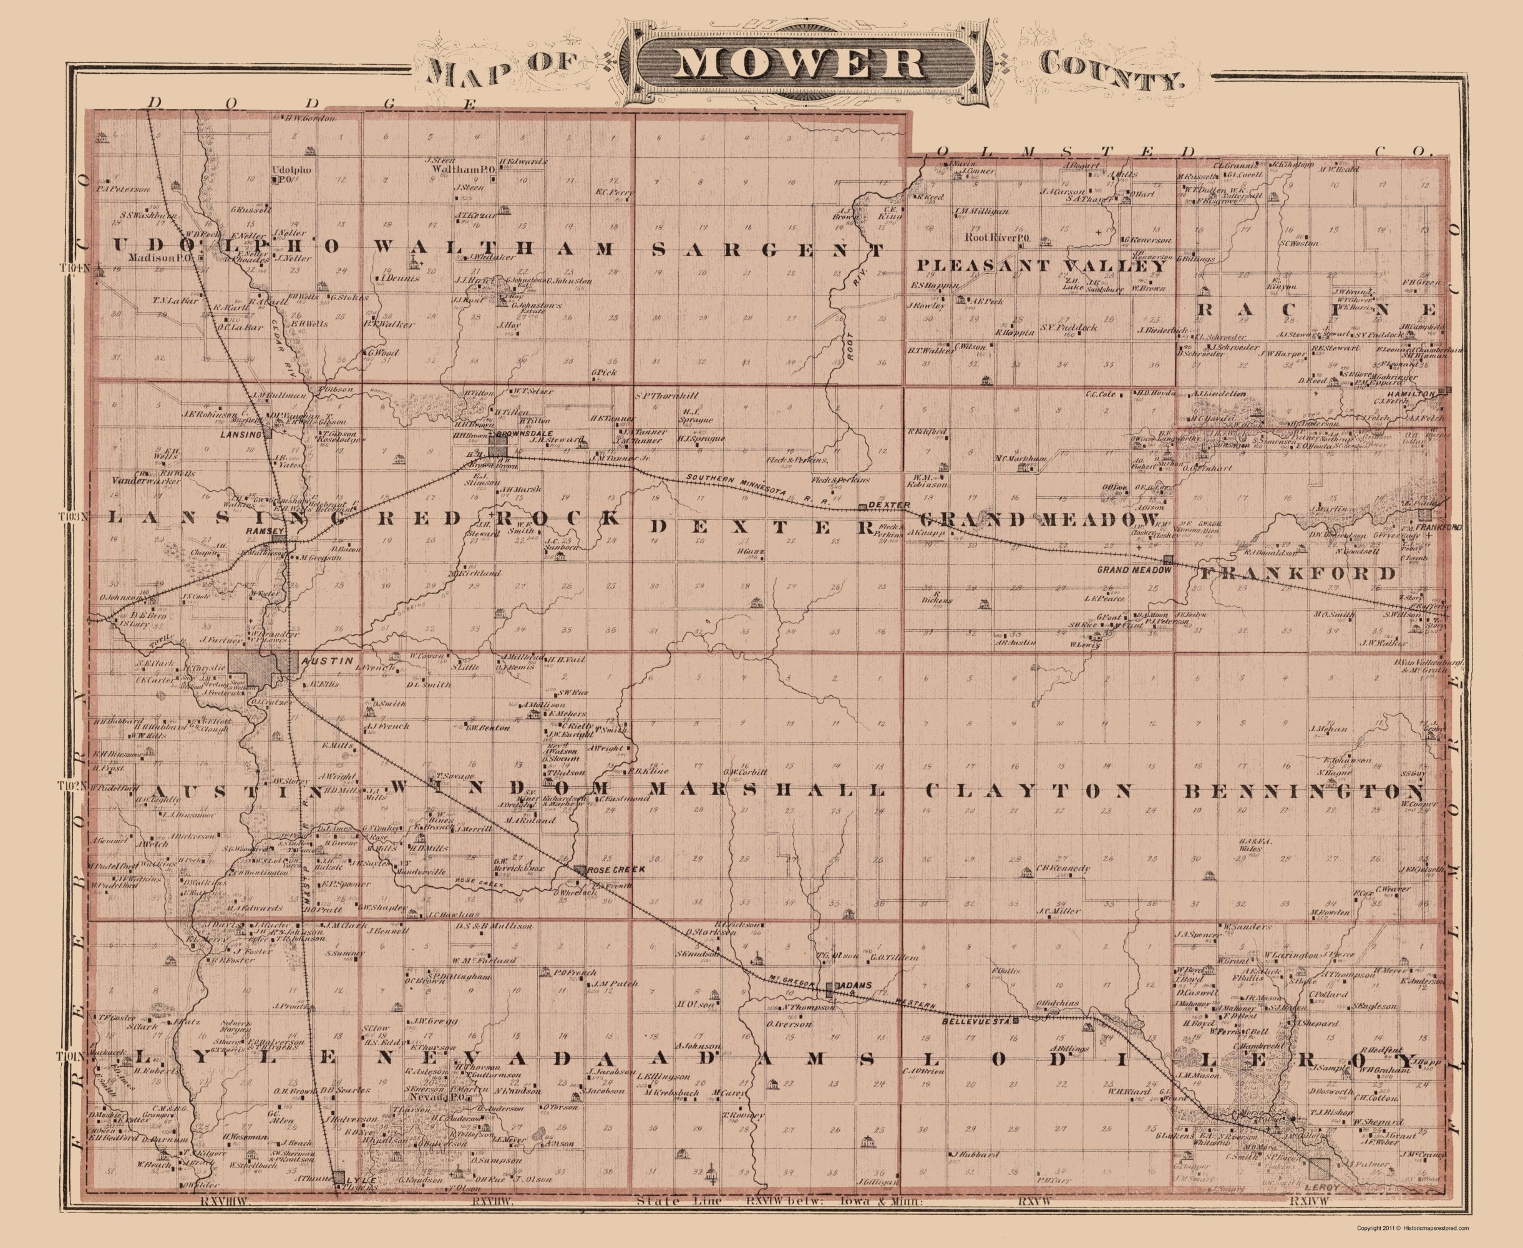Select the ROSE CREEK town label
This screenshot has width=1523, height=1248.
(x=616, y=869)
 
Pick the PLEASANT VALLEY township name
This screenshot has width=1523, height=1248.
(x=1040, y=265)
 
